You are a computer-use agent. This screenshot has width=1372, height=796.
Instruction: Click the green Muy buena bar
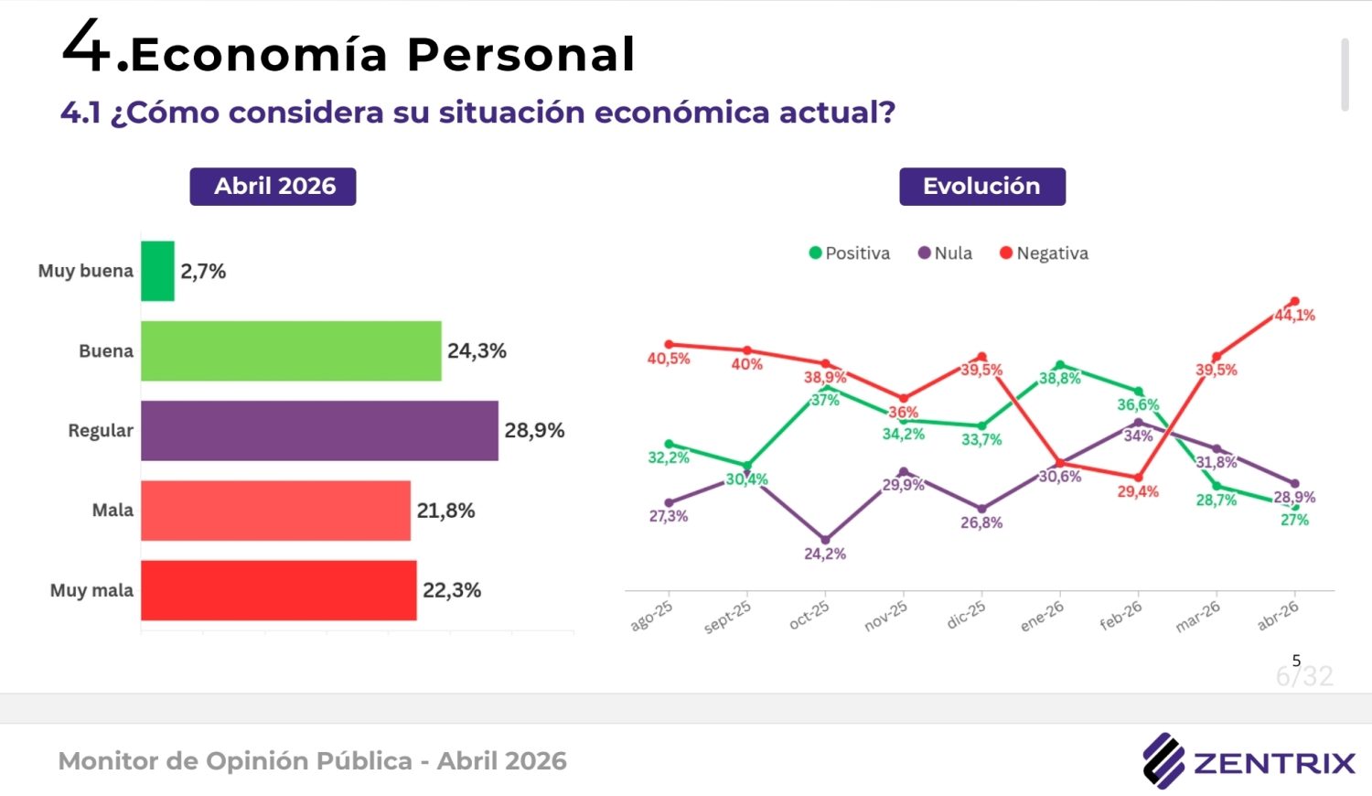[x=157, y=271]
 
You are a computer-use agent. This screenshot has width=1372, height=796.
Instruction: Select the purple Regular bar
[x=319, y=430]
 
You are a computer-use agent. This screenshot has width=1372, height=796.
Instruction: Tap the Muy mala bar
[x=278, y=590]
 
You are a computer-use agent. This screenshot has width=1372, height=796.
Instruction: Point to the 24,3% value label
[x=477, y=351]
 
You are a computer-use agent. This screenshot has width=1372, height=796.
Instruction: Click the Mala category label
[x=113, y=511]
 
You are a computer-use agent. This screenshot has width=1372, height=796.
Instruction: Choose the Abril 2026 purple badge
[x=273, y=187]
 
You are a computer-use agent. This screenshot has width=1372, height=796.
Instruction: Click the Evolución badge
[x=981, y=187]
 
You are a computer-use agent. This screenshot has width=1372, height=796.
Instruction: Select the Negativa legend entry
[x=1044, y=253]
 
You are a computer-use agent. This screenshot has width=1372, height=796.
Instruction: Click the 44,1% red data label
[x=1295, y=316]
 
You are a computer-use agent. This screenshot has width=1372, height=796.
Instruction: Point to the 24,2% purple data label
[x=825, y=554]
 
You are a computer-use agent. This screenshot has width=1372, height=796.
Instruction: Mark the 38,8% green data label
[x=1060, y=379]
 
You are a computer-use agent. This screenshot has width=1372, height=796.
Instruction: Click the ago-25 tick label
[x=651, y=616]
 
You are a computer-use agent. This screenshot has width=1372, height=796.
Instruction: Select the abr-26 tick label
[x=1278, y=616]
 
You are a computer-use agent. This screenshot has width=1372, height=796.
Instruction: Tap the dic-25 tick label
[x=966, y=614]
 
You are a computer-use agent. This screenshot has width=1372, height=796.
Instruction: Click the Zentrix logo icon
[x=1163, y=760]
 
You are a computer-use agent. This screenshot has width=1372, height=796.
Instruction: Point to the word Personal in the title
[x=520, y=55]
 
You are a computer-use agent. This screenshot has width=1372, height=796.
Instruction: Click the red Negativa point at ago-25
[x=669, y=345]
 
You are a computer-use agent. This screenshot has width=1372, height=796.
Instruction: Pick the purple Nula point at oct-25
[x=825, y=540]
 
